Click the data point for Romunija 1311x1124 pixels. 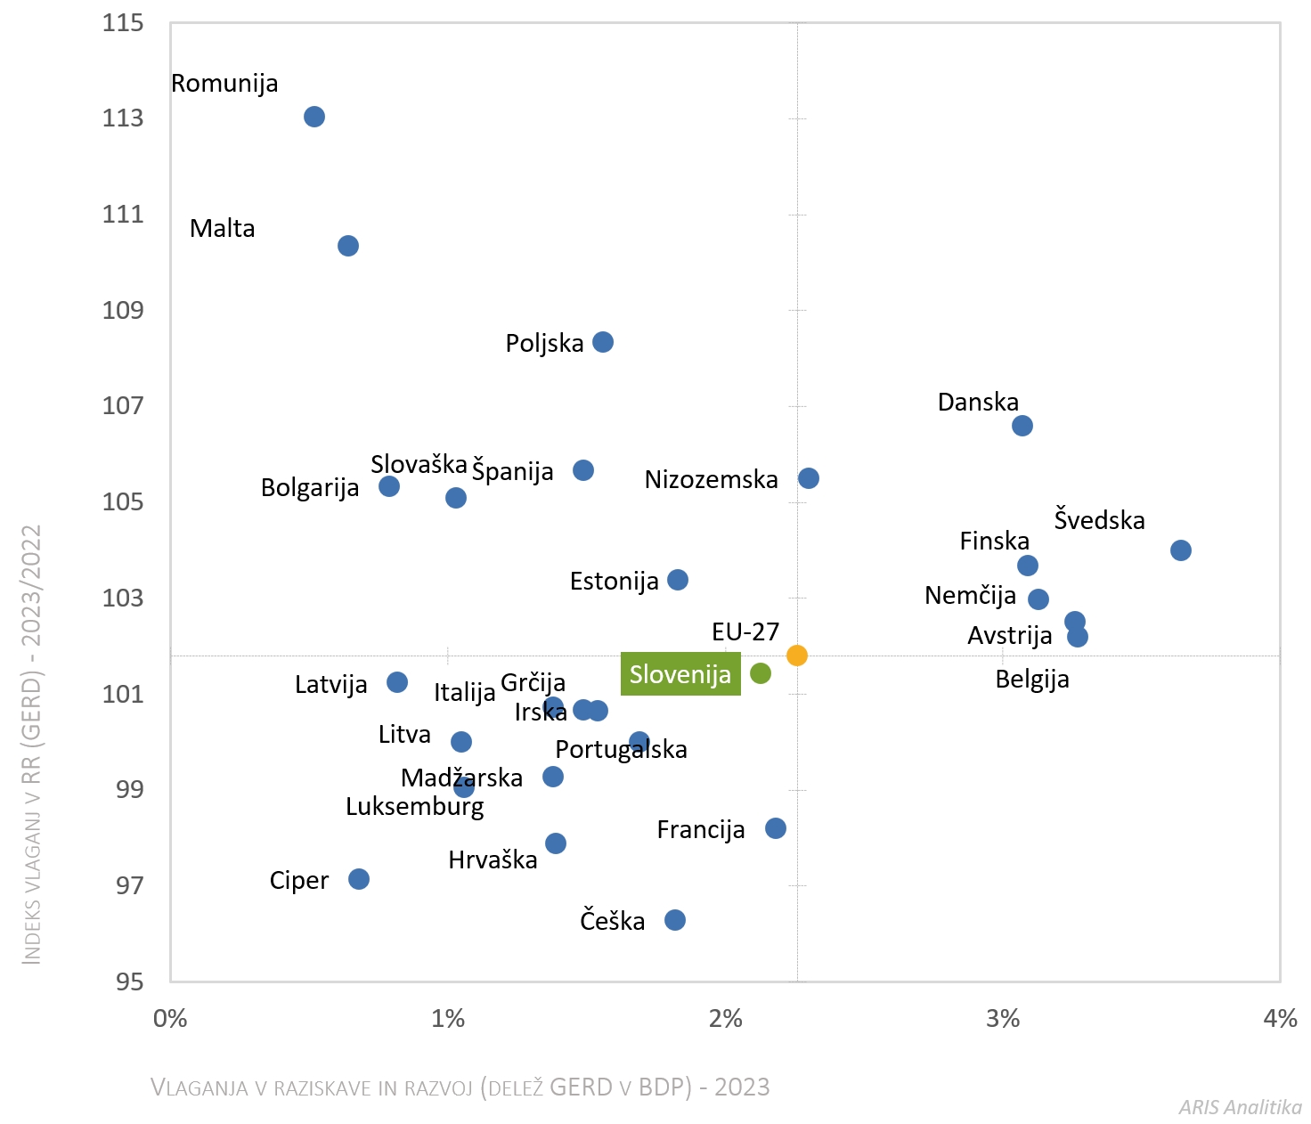314,117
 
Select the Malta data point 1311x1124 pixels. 348,246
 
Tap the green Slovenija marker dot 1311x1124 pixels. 761,673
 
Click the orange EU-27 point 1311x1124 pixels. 797,656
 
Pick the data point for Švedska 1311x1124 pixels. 1181,550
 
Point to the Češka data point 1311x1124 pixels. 675,920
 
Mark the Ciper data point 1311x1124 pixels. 359,879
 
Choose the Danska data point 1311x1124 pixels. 1022,426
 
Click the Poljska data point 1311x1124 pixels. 603,342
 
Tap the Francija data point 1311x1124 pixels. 776,828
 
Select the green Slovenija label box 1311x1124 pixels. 680,674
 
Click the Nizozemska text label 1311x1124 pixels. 711,480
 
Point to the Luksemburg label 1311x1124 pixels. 415,807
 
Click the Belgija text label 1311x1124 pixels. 1032,680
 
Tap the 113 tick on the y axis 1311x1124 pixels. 123,118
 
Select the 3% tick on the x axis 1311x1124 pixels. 1003,1018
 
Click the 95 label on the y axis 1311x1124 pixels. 129,981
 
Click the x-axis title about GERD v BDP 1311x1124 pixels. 460,1087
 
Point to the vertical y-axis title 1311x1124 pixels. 32,744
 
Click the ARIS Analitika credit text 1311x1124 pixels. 1240,1107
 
